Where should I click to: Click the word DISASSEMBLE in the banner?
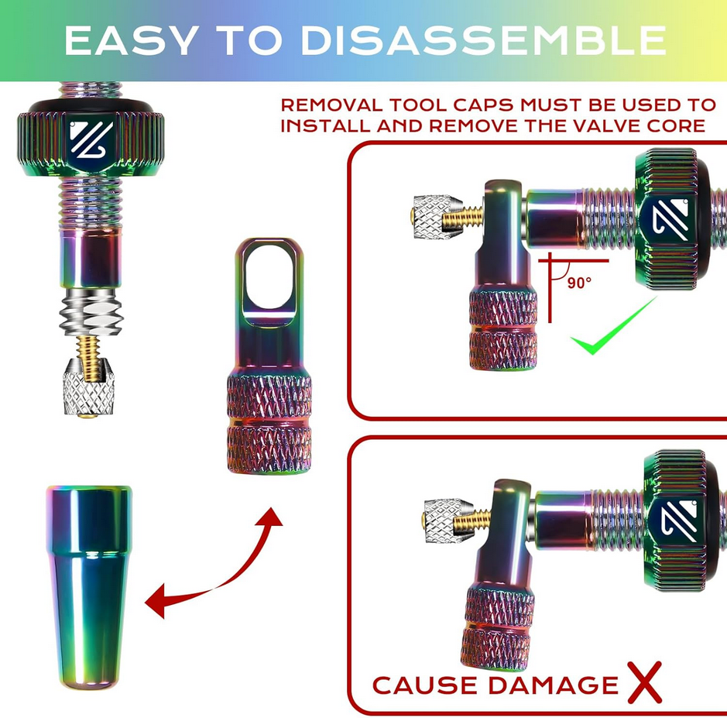pyautogui.click(x=483, y=40)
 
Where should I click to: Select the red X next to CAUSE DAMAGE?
pyautogui.click(x=644, y=682)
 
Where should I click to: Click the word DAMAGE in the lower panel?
pyautogui.click(x=553, y=685)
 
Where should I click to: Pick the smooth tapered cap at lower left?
pyautogui.click(x=89, y=587)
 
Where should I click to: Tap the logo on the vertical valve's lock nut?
pyautogui.click(x=91, y=139)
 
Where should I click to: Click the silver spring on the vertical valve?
pyautogui.click(x=91, y=311)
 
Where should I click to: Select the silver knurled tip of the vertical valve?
pyautogui.click(x=88, y=388)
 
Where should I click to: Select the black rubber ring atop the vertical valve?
pyautogui.click(x=91, y=106)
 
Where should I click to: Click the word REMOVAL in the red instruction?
pyautogui.click(x=332, y=105)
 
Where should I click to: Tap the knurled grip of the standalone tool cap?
pyautogui.click(x=269, y=424)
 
